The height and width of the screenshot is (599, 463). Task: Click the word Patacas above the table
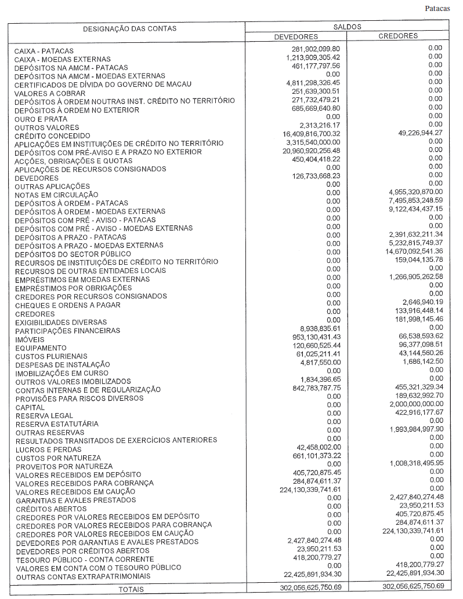[437, 8]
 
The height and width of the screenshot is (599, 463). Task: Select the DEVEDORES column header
[296, 36]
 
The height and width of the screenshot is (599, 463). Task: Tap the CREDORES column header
[398, 36]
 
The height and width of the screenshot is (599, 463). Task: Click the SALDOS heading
[348, 27]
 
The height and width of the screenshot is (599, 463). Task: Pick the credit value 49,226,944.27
[412, 133]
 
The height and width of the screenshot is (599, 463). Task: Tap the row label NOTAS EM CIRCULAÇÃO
[56, 195]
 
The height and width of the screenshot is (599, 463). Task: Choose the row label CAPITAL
[30, 407]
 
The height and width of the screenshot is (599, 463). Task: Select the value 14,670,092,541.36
[406, 251]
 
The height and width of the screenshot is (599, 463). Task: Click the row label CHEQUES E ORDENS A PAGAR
[68, 305]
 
